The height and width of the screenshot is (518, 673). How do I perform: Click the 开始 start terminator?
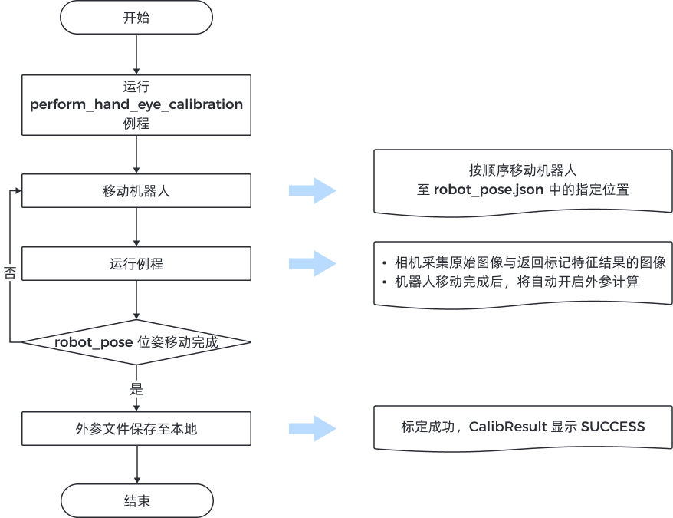pyautogui.click(x=136, y=18)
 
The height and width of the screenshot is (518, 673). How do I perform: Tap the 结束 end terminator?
pyautogui.click(x=136, y=500)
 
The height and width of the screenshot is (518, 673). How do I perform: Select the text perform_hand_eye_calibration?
pyautogui.click(x=136, y=104)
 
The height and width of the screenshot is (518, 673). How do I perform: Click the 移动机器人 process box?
pyautogui.click(x=136, y=190)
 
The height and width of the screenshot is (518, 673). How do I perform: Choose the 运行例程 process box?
pyautogui.click(x=136, y=263)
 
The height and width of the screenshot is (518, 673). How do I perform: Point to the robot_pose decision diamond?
pyautogui.click(x=136, y=342)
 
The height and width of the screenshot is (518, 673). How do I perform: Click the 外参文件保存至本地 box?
pyautogui.click(x=136, y=428)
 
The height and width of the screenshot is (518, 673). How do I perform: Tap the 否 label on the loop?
pyautogui.click(x=10, y=274)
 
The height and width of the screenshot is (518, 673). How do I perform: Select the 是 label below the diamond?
pyautogui.click(x=136, y=389)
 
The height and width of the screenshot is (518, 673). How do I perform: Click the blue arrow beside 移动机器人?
pyautogui.click(x=312, y=191)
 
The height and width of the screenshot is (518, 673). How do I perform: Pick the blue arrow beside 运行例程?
pyautogui.click(x=312, y=263)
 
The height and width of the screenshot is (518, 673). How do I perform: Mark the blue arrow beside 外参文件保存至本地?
pyautogui.click(x=312, y=428)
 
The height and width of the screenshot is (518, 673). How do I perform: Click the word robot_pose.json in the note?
pyautogui.click(x=490, y=190)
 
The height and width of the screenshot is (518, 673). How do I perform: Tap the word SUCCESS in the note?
pyautogui.click(x=612, y=427)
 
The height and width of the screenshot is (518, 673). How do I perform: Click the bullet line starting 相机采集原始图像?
pyautogui.click(x=530, y=262)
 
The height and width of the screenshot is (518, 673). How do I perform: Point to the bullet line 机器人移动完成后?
pyautogui.click(x=517, y=282)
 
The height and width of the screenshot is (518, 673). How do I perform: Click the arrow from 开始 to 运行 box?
pyautogui.click(x=136, y=54)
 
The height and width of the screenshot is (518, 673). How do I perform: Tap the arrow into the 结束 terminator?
pyautogui.click(x=136, y=464)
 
